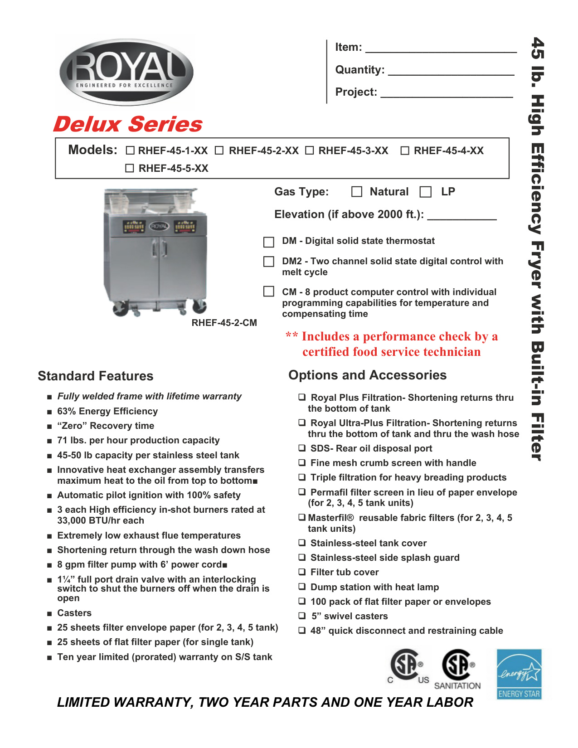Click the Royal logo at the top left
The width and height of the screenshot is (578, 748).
tap(126, 72)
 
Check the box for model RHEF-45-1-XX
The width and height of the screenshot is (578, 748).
tap(130, 151)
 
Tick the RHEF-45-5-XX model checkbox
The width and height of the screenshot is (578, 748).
tap(130, 168)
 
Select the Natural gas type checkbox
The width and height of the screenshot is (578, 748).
tap(357, 192)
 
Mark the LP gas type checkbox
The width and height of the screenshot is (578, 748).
tap(425, 192)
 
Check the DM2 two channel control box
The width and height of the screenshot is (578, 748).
tap(269, 262)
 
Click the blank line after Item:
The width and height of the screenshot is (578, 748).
tap(441, 51)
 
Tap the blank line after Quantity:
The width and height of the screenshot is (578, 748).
tap(451, 73)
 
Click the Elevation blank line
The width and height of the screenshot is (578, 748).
tap(461, 218)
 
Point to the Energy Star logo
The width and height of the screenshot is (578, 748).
tap(519, 674)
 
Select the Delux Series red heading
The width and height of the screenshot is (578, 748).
tap(128, 124)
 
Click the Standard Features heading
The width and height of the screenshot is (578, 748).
tap(96, 376)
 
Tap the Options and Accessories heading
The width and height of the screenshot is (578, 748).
tap(367, 375)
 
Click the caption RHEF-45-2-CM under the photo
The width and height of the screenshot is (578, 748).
tap(224, 323)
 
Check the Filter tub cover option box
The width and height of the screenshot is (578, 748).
tap(302, 572)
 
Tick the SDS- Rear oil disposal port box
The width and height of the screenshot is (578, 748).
tap(302, 448)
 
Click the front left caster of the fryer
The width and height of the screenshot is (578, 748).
tap(121, 308)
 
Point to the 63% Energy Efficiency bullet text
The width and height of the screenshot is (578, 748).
tap(107, 411)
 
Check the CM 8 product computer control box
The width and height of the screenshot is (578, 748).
tap(269, 291)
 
